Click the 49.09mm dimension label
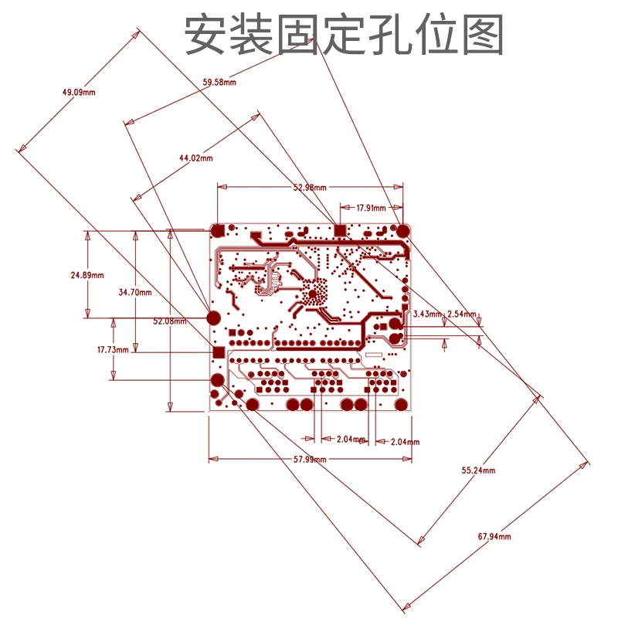tap(79, 93)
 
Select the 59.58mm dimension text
tap(219, 82)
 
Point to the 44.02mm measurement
tap(195, 158)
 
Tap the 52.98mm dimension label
tap(310, 188)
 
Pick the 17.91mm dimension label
tap(370, 208)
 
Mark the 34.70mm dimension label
tap(135, 293)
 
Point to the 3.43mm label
tap(427, 314)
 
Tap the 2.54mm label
tap(462, 314)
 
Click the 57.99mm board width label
tap(309, 460)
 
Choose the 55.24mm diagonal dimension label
tap(478, 470)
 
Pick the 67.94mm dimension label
tap(495, 535)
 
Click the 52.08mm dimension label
tap(170, 321)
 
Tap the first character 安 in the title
tap(203, 35)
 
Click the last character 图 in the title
tap(485, 35)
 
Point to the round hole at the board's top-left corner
tap(218, 230)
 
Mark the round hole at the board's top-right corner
tap(402, 230)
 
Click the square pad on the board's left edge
tap(218, 352)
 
